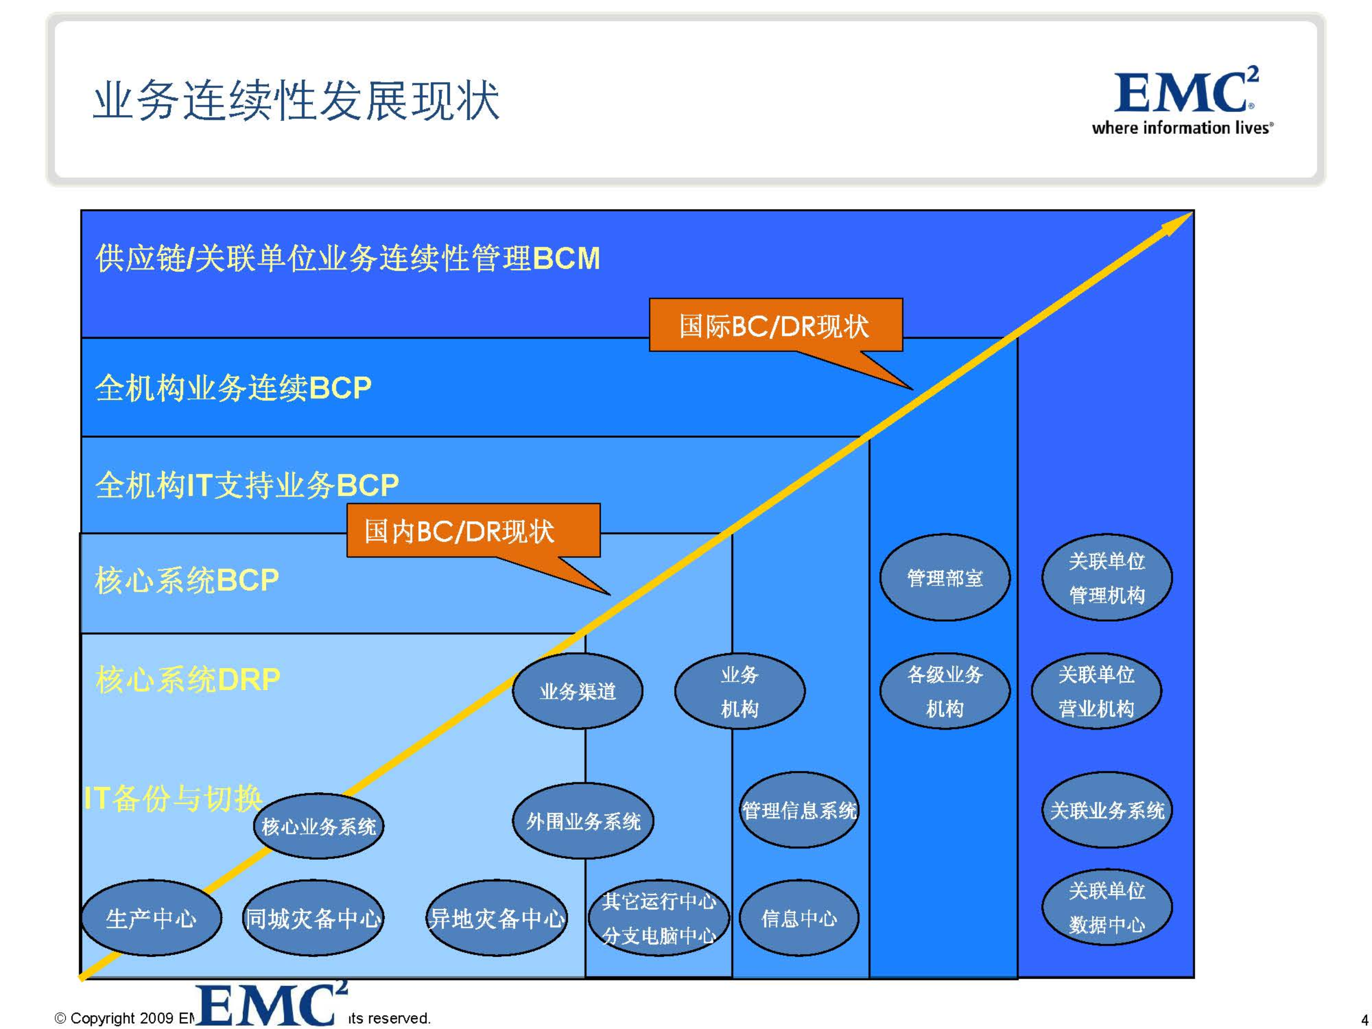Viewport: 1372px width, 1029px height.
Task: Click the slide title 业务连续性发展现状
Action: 296,101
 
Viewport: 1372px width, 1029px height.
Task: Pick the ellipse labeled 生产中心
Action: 151,918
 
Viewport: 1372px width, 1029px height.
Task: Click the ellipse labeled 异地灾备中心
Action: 497,918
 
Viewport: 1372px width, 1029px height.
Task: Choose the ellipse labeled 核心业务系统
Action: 318,826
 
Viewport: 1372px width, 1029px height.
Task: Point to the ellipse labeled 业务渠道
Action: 577,691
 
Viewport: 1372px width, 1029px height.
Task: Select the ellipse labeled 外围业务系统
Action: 583,821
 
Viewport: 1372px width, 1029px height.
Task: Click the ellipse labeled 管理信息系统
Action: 799,810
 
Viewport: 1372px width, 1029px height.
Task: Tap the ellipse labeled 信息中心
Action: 799,918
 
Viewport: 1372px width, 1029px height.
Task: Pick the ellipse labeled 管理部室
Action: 945,578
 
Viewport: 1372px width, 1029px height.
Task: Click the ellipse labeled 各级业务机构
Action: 945,691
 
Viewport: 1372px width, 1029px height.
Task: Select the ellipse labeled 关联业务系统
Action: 1107,810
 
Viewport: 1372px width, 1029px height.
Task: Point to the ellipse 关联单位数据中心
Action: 1107,908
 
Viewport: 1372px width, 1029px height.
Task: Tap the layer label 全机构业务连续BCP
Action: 233,388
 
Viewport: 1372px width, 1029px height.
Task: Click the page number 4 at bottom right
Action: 1364,1019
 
